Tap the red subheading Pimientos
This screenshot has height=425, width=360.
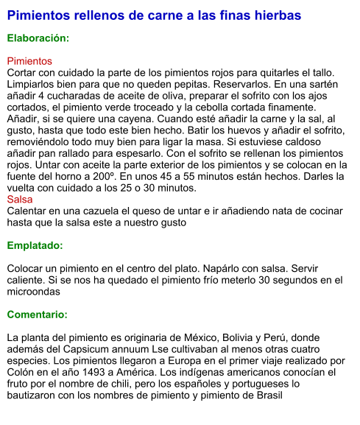29,61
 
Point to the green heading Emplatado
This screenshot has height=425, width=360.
35,245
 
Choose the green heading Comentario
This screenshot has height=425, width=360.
37,315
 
